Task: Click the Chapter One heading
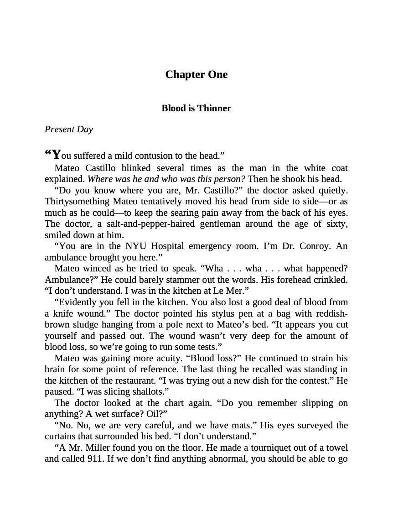click(x=196, y=74)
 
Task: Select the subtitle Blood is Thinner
click(x=196, y=108)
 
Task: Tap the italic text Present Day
click(x=69, y=129)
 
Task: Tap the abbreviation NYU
click(x=141, y=246)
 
